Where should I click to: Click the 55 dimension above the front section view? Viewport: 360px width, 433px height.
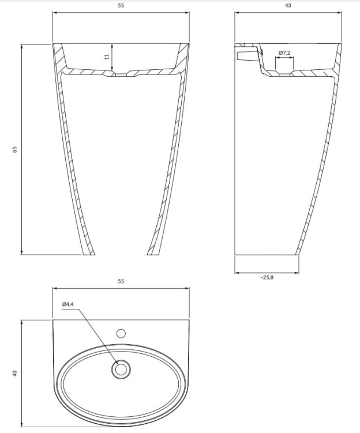click(121, 5)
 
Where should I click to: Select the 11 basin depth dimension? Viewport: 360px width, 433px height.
click(107, 57)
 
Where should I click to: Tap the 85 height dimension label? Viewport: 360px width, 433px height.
click(16, 149)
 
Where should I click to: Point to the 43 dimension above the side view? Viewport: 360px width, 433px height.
click(287, 5)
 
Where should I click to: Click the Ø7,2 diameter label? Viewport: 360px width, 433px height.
click(284, 53)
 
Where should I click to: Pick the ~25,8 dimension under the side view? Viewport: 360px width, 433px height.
click(267, 278)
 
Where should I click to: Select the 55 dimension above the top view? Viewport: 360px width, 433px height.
click(121, 282)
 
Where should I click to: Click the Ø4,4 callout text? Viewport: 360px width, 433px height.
click(67, 304)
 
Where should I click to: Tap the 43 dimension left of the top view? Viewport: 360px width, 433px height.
click(16, 374)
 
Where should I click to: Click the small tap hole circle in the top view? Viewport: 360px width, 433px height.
click(121, 333)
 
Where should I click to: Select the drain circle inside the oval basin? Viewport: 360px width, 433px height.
click(121, 369)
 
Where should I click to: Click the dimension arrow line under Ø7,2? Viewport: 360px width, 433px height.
click(284, 59)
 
